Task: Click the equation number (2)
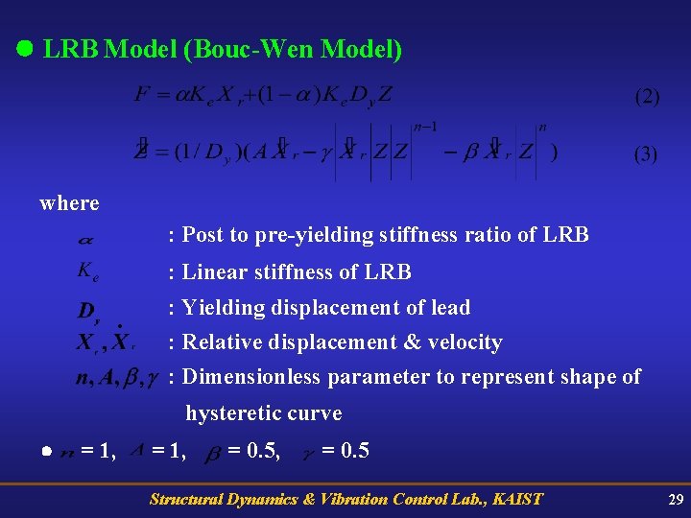click(646, 98)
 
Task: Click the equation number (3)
click(646, 155)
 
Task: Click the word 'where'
click(69, 203)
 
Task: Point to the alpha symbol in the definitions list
click(85, 235)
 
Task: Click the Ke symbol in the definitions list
click(88, 271)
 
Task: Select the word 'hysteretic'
click(231, 413)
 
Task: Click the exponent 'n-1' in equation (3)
click(424, 127)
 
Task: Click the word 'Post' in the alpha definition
click(203, 235)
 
